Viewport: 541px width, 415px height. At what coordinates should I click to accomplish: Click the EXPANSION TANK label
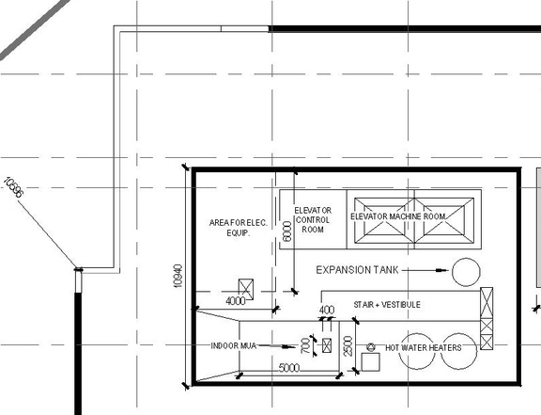click(x=357, y=270)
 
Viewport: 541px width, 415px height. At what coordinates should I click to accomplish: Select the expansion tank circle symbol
click(x=464, y=271)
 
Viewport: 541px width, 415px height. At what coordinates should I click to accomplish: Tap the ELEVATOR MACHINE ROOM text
click(x=397, y=216)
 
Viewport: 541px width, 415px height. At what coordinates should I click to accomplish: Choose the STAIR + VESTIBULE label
click(x=386, y=305)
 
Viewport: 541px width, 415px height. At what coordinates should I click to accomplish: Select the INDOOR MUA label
click(x=234, y=346)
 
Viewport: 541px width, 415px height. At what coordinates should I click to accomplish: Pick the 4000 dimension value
click(x=236, y=301)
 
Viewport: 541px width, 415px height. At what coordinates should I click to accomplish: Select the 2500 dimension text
click(x=348, y=345)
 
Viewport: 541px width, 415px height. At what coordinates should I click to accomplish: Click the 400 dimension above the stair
click(x=327, y=310)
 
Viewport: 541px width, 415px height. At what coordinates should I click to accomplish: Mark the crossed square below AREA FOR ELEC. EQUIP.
click(x=248, y=287)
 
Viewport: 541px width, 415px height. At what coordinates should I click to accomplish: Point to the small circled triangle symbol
click(x=370, y=346)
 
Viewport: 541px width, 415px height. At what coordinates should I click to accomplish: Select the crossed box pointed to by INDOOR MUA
click(x=326, y=345)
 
